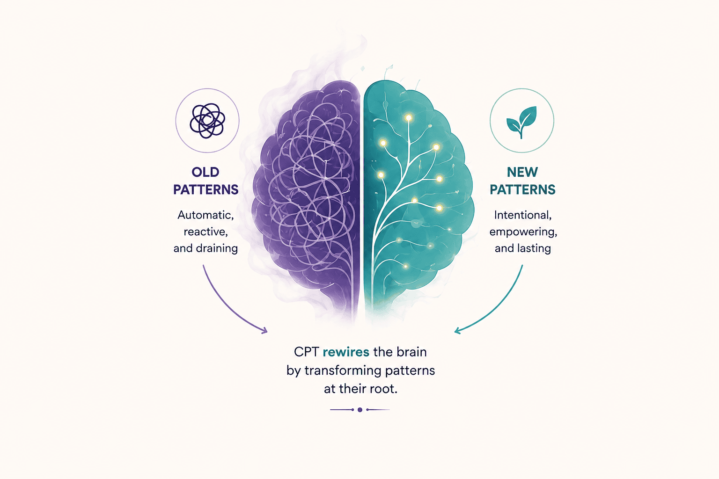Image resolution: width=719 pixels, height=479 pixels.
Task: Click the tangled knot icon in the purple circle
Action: pos(207,121)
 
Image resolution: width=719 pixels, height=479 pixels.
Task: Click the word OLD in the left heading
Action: pos(205,172)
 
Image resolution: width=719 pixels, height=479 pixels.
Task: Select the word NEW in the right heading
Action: pos(522,172)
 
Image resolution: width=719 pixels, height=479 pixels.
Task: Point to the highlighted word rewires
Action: pos(346,352)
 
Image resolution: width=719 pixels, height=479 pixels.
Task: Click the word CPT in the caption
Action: pos(306,352)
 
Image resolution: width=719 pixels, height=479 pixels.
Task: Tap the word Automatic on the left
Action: pos(205,215)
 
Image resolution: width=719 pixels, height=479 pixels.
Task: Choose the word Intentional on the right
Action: pos(522,215)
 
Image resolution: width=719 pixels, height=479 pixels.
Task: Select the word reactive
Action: pos(206,232)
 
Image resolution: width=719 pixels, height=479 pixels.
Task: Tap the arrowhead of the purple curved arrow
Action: pos(264,330)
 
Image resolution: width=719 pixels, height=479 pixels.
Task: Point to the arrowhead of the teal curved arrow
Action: pos(458,330)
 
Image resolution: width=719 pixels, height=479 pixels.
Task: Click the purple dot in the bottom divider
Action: pos(360,410)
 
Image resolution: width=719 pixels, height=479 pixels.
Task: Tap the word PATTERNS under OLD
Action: pos(206,189)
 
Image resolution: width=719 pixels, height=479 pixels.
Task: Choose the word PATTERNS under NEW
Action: pos(522,189)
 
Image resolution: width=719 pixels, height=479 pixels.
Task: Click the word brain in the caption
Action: pos(411,352)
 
